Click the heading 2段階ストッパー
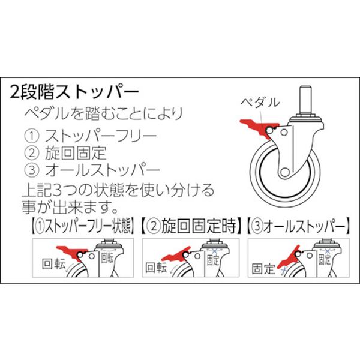click(74, 92)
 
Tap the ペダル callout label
click(260, 103)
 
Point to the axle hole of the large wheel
click(285, 172)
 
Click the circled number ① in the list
click(32, 136)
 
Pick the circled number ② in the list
click(32, 153)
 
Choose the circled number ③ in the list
click(32, 170)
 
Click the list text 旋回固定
click(76, 153)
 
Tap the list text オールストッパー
click(103, 170)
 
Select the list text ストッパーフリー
click(101, 136)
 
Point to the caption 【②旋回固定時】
click(191, 226)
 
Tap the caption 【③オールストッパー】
click(298, 226)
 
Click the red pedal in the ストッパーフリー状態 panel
click(71, 252)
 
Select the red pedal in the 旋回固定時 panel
click(177, 254)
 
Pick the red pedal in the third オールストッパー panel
click(289, 257)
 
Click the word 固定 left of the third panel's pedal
click(263, 269)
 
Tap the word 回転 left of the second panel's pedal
click(156, 268)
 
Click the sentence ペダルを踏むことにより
click(103, 113)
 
